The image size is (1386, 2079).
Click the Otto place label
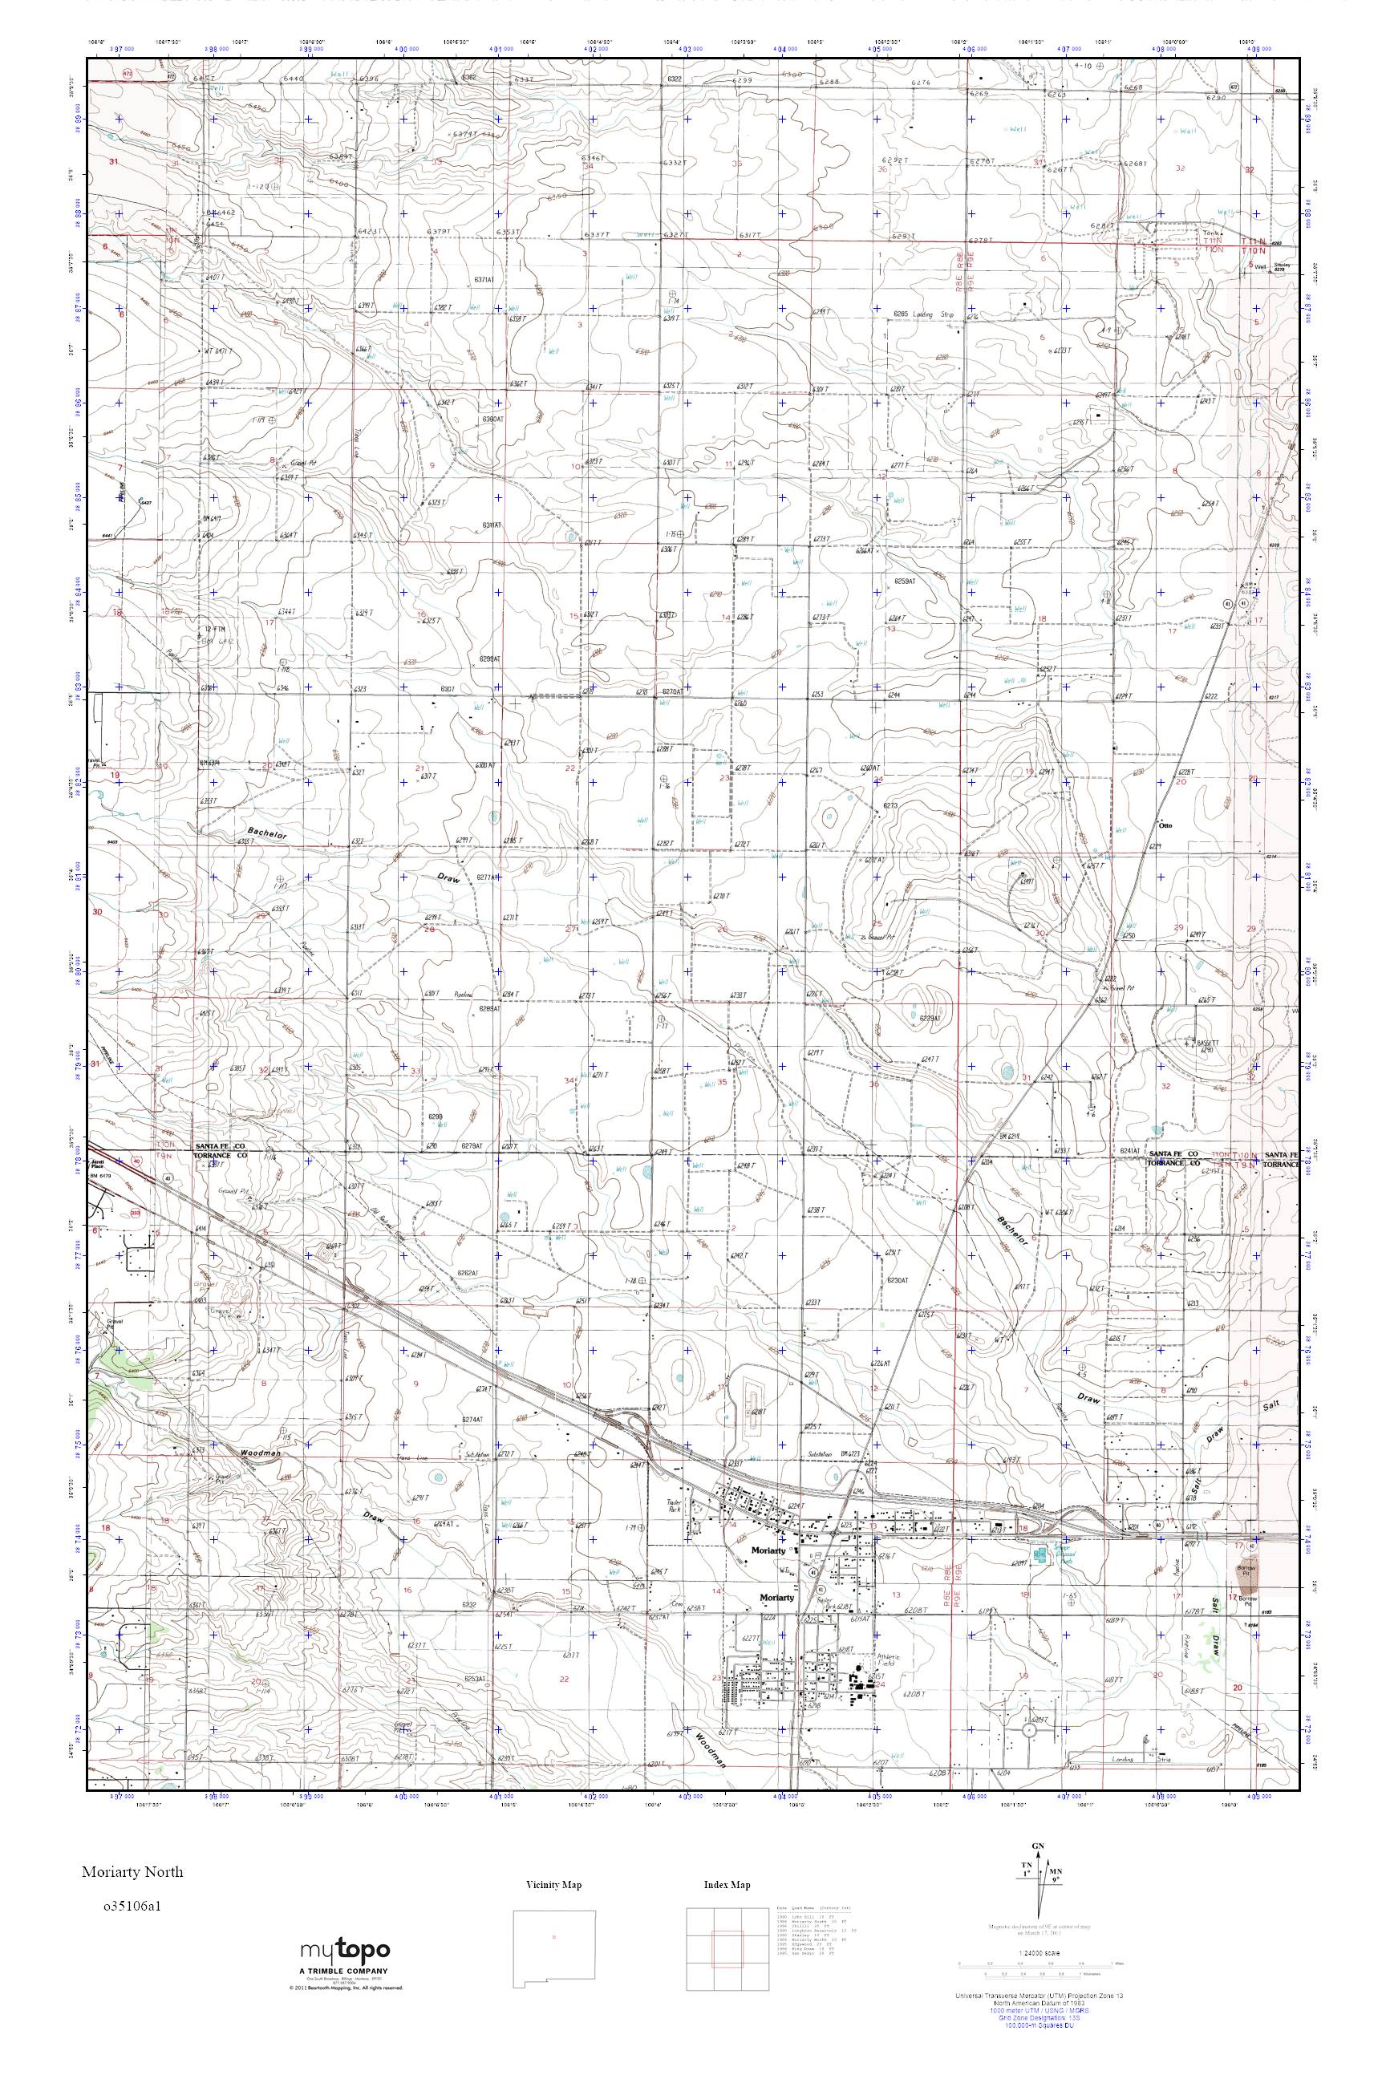1165,825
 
